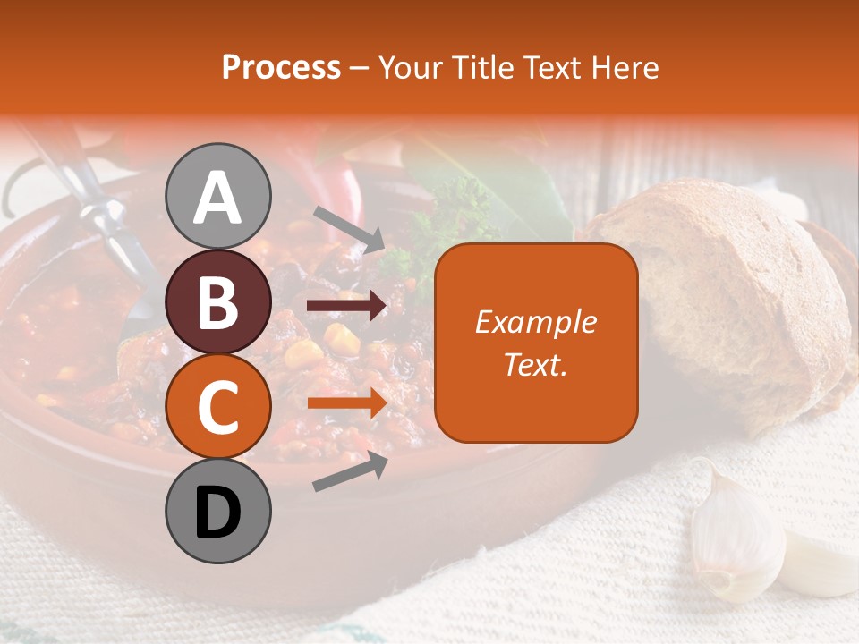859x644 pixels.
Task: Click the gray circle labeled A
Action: click(x=217, y=196)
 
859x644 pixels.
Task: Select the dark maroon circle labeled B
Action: click(x=217, y=301)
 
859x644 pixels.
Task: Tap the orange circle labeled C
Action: click(x=217, y=407)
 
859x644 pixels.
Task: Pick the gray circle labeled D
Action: click(x=217, y=512)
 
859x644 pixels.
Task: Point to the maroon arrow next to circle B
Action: click(x=346, y=306)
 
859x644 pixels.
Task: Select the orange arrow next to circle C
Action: click(x=346, y=403)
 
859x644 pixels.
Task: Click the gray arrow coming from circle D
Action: click(x=350, y=472)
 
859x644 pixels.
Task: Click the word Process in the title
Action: click(x=281, y=67)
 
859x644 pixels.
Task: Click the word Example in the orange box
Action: click(x=536, y=322)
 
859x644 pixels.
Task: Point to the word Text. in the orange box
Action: click(x=536, y=364)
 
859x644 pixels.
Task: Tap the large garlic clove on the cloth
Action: click(x=734, y=537)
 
